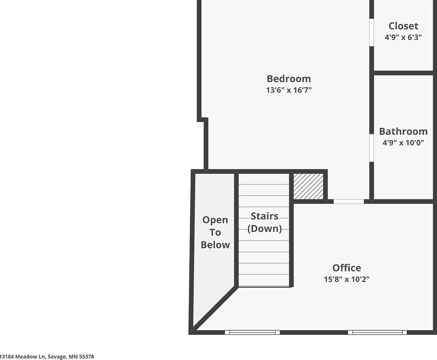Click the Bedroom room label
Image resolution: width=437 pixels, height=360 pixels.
pyautogui.click(x=289, y=79)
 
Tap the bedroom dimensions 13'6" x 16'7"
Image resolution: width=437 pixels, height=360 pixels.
pyautogui.click(x=289, y=90)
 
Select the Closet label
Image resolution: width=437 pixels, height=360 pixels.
pyautogui.click(x=403, y=26)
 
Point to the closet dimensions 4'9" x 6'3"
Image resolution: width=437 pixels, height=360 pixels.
pyautogui.click(x=403, y=37)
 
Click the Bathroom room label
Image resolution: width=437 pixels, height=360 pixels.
pyautogui.click(x=403, y=132)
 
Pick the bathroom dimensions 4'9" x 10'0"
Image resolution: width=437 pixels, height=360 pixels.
pyautogui.click(x=403, y=143)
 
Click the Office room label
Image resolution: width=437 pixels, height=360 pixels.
pyautogui.click(x=347, y=268)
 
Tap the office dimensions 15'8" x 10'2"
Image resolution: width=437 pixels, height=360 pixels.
pyautogui.click(x=347, y=279)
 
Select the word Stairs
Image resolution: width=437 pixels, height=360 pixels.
pyautogui.click(x=265, y=216)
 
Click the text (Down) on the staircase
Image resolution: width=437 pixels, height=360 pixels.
pyautogui.click(x=265, y=229)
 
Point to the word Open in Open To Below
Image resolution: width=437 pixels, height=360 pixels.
pyautogui.click(x=215, y=220)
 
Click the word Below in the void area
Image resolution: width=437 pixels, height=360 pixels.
pyautogui.click(x=215, y=245)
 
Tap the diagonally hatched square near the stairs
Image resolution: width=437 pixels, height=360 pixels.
pyautogui.click(x=308, y=187)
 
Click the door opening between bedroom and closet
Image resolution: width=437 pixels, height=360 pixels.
pyautogui.click(x=372, y=32)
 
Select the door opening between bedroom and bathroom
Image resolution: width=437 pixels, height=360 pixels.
pyautogui.click(x=372, y=148)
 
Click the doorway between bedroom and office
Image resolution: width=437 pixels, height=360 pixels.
pyautogui.click(x=349, y=202)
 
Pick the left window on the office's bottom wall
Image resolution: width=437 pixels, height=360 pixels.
pyautogui.click(x=252, y=332)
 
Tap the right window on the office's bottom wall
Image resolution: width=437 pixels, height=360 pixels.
pyautogui.click(x=377, y=332)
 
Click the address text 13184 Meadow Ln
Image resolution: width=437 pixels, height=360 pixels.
pyautogui.click(x=23, y=357)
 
